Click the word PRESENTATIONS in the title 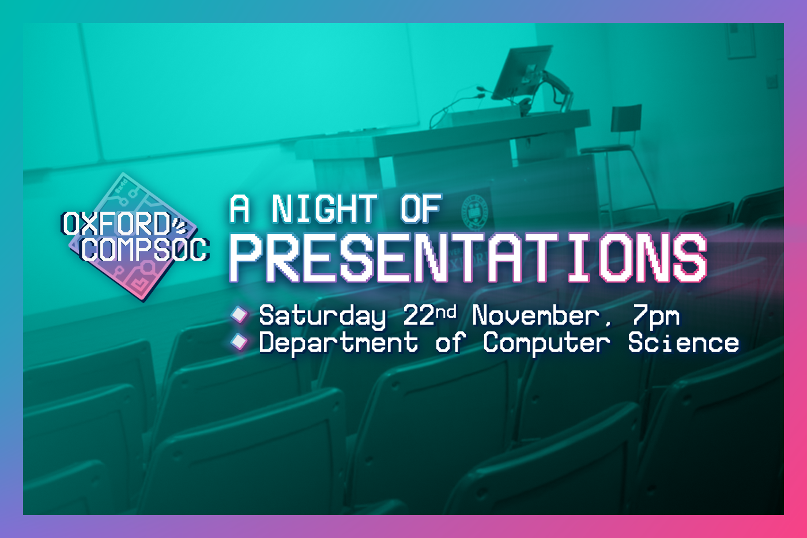pos(468,257)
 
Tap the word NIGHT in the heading pos(325,208)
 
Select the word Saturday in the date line pos(322,317)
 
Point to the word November pos(536,315)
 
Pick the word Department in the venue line pos(339,343)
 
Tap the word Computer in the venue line pos(546,343)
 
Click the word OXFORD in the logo pos(116,223)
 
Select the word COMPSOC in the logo pos(145,249)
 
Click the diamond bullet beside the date pos(239,315)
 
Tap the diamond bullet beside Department pos(239,341)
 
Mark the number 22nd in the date pos(429,315)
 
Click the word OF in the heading pos(421,208)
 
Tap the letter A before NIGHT pos(240,208)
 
